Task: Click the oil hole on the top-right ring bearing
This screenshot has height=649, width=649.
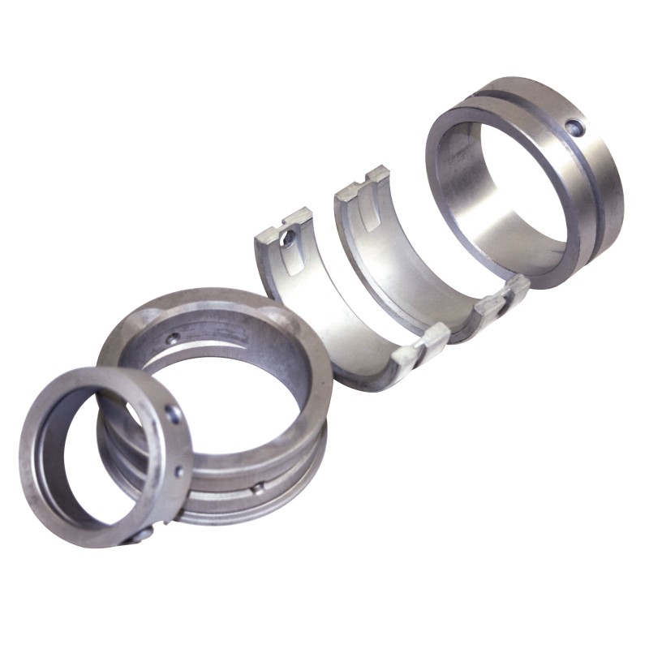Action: point(574,127)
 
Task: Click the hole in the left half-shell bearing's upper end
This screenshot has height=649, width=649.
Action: point(288,238)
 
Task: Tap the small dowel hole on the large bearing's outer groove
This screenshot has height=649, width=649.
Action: point(256,488)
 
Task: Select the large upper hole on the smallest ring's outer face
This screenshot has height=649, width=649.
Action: point(172,414)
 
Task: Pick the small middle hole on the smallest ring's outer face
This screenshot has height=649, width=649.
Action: point(179,471)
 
